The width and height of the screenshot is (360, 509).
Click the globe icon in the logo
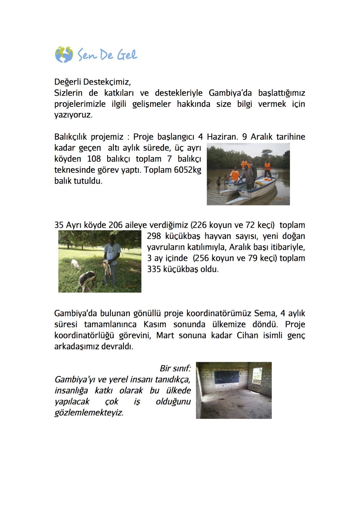pyautogui.click(x=64, y=54)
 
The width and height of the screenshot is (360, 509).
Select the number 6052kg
pyautogui.click(x=187, y=170)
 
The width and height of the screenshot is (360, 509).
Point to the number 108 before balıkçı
pyautogui.click(x=94, y=159)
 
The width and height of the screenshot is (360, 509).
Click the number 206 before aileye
pyautogui.click(x=115, y=225)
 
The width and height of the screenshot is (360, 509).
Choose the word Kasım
pyautogui.click(x=155, y=324)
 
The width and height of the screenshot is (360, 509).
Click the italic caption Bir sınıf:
pyautogui.click(x=175, y=368)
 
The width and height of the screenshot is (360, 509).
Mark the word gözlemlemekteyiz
pyautogui.click(x=89, y=413)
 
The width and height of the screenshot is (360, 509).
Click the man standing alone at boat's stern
pyautogui.click(x=267, y=169)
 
